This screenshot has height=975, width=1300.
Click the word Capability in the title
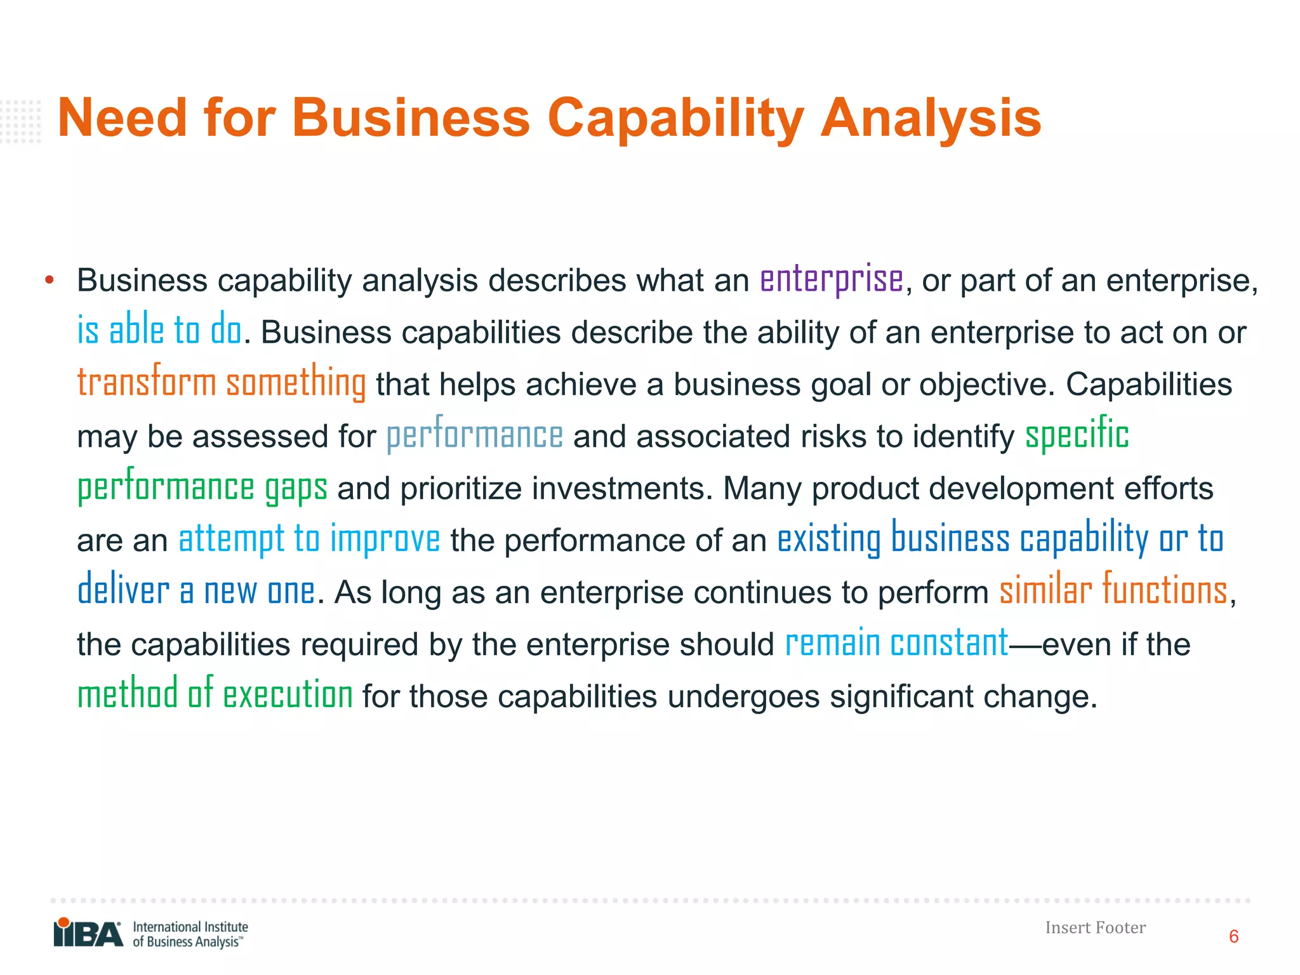pos(675,119)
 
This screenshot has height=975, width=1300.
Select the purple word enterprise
pos(832,280)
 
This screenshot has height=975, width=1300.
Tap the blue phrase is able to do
pos(159,331)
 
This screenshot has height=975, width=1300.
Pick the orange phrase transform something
pos(221,383)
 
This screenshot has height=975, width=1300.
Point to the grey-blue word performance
pos(474,435)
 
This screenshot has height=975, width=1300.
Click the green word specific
pos(1077,435)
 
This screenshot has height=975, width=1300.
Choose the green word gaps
pos(296,487)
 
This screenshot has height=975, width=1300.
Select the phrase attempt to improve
pos(309,540)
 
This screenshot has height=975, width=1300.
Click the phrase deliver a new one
pos(196,591)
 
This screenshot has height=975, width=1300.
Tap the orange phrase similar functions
pos(1113,591)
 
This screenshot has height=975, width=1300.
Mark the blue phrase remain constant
pos(896,643)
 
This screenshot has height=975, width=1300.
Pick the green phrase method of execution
pos(215,694)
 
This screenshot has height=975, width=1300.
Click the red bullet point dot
pos(50,280)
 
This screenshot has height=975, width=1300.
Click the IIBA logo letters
pos(88,934)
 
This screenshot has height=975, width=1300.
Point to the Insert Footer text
pos(1095,928)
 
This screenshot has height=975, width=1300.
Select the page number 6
pos(1233,937)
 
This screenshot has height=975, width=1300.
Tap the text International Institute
pos(190,927)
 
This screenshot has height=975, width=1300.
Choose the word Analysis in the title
pos(931,119)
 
